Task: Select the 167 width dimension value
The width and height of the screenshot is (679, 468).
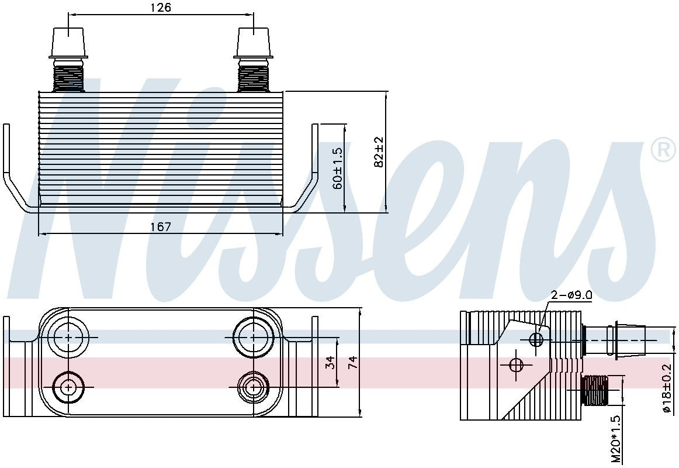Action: pos(160,226)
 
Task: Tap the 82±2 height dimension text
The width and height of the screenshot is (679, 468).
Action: pos(379,152)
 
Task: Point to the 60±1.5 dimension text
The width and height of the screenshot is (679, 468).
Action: pos(337,168)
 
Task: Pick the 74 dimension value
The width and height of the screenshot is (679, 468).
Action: pos(352,363)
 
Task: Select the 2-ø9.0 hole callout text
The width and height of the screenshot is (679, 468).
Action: pos(571,295)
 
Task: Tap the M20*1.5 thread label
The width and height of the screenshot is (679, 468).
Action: pos(616,440)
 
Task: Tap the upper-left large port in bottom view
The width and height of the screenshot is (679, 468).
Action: pos(69,338)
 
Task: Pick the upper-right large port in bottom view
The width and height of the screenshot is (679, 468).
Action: pos(254,338)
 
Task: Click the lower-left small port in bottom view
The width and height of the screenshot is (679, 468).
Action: pos(69,387)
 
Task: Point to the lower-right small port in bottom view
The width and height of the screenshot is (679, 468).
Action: pos(254,387)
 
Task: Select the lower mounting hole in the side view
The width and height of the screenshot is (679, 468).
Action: pos(515,365)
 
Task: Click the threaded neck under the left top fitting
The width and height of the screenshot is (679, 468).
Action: pos(69,78)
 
